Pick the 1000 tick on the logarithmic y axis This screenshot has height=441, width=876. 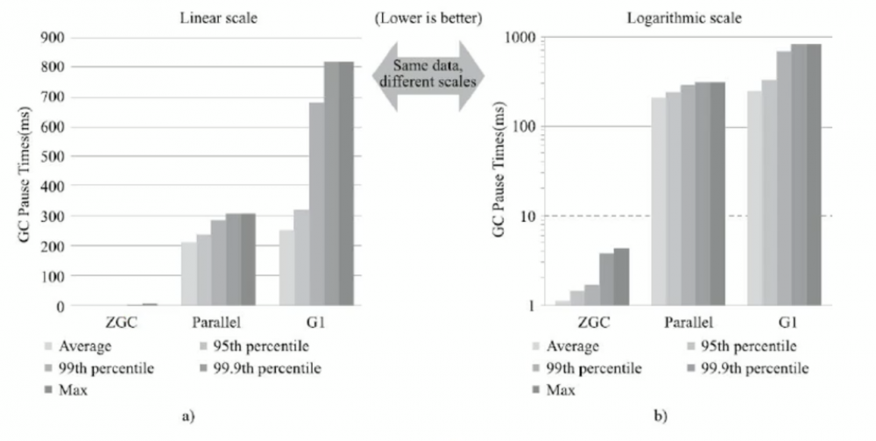[x=519, y=38]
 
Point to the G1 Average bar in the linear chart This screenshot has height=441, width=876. [x=286, y=268]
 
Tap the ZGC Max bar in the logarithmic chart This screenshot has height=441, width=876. [x=621, y=277]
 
